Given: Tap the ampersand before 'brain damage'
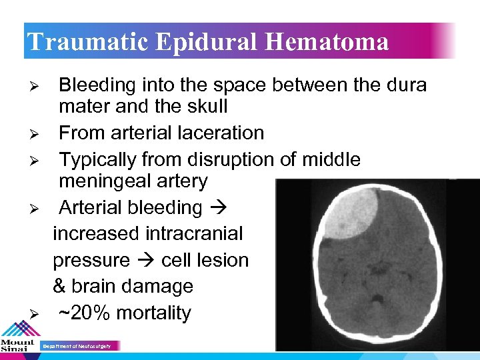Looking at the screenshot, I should coord(60,287).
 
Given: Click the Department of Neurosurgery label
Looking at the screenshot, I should coord(80,346).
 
